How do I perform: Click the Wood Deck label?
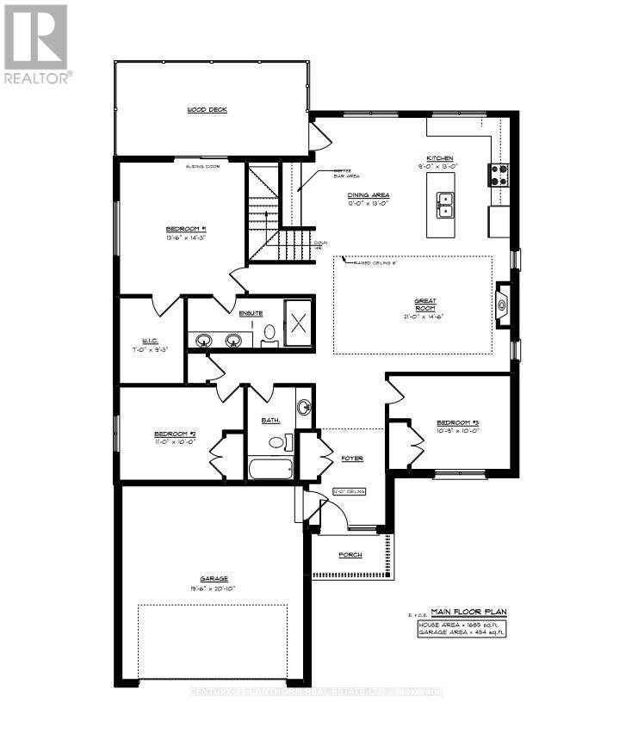click(207, 110)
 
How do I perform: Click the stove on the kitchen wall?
click(499, 175)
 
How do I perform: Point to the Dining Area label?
click(369, 195)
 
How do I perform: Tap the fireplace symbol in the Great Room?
click(503, 303)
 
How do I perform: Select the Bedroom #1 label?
click(185, 229)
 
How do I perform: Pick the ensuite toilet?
click(268, 333)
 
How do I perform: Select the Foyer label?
click(351, 459)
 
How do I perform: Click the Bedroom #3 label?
click(456, 423)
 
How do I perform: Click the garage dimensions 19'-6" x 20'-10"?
click(211, 588)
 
